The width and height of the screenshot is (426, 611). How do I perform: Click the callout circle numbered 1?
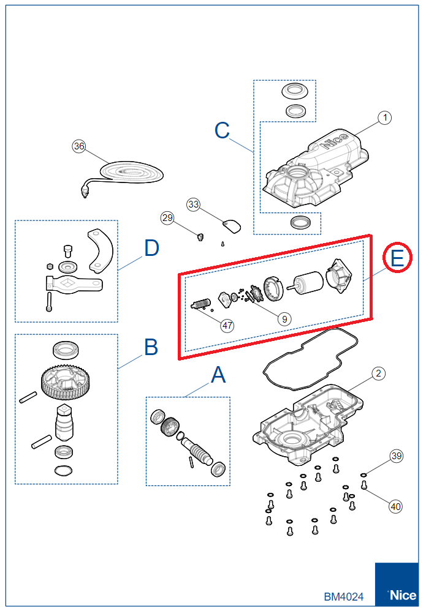tap(384, 118)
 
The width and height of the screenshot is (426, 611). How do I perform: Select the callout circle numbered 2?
tap(378, 373)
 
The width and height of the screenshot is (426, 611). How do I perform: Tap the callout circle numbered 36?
tap(78, 146)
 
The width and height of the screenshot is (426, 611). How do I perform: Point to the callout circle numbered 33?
tap(194, 204)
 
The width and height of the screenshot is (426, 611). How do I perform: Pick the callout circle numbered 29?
tap(167, 217)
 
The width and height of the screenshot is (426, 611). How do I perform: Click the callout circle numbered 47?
tap(227, 326)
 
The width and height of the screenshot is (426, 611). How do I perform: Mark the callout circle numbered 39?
tap(397, 456)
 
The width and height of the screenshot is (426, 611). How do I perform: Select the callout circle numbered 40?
tap(396, 506)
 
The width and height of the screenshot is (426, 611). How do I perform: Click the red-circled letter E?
tap(398, 259)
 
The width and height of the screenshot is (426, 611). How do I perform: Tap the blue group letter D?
tap(151, 249)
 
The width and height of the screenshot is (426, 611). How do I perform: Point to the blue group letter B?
tap(151, 347)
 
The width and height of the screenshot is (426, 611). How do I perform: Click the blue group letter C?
tap(222, 130)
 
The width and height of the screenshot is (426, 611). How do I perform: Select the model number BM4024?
tap(344, 596)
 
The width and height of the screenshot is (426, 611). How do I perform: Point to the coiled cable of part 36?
tap(128, 171)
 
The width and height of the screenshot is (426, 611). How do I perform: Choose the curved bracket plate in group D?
tap(101, 250)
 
